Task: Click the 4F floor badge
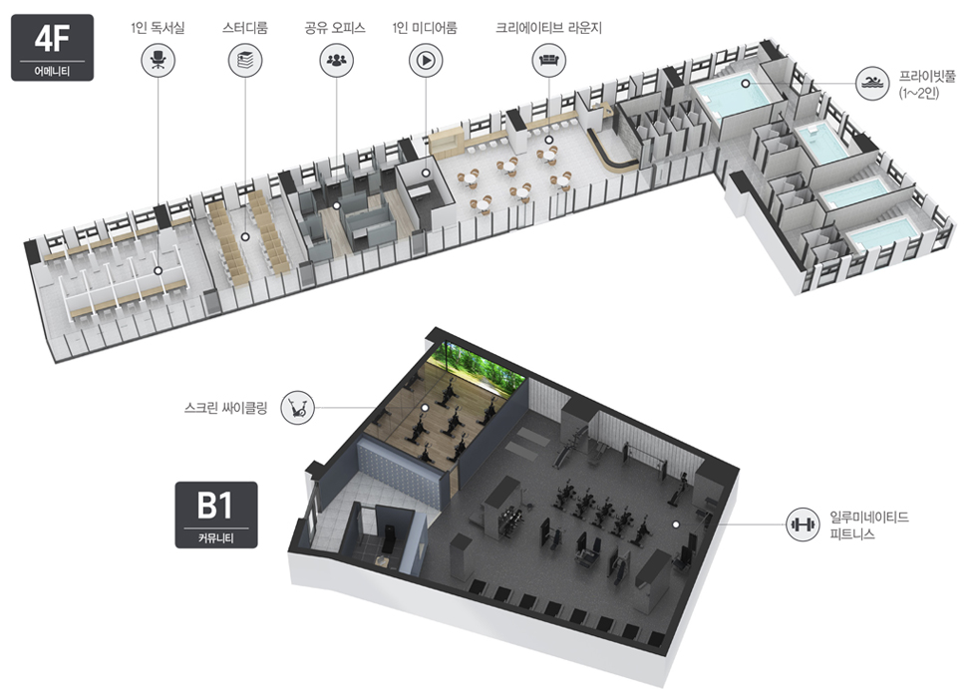pyautogui.click(x=52, y=47)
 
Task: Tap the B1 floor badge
pyautogui.click(x=215, y=514)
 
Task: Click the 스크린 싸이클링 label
pyautogui.click(x=226, y=408)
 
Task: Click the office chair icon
pyautogui.click(x=158, y=61)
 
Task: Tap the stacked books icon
pyautogui.click(x=244, y=61)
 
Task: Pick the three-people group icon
pyautogui.click(x=336, y=61)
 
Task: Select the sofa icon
pyautogui.click(x=548, y=61)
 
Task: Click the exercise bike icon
pyautogui.click(x=297, y=408)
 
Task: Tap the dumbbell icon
pyautogui.click(x=803, y=524)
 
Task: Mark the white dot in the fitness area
pyautogui.click(x=675, y=524)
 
